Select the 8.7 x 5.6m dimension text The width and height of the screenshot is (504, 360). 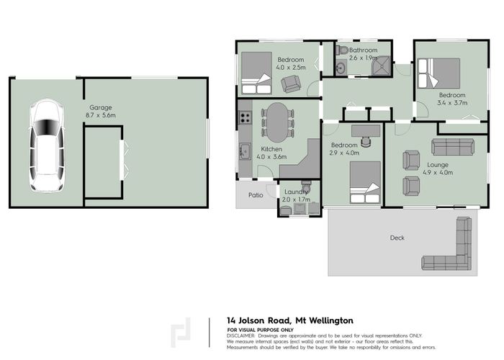pos(100,115)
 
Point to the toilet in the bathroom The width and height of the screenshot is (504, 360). pos(342,50)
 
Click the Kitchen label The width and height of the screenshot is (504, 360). pos(271,148)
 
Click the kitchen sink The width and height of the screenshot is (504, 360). pos(245,151)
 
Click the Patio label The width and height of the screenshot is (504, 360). pos(256,194)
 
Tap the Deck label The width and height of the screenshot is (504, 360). pos(397,238)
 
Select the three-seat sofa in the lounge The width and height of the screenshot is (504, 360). pos(452,147)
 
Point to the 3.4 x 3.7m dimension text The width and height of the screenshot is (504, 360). pos(452,103)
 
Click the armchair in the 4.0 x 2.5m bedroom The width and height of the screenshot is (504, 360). pos(291,84)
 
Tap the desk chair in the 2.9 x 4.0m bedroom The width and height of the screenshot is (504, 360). pos(367,141)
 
